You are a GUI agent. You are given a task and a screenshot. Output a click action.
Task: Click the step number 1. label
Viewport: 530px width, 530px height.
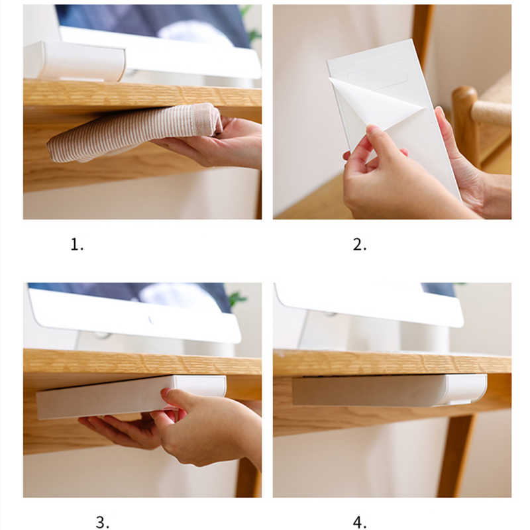point(77,244)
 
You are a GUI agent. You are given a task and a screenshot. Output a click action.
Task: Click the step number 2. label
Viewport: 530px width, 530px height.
point(359,244)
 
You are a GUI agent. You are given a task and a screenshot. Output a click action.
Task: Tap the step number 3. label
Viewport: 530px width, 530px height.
point(103,522)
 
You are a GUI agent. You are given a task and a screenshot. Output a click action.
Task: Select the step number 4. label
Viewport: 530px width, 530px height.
point(359,522)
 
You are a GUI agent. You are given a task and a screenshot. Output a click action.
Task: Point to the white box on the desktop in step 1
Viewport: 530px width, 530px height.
point(74,61)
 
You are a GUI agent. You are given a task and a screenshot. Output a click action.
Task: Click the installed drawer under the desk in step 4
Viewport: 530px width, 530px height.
point(390,390)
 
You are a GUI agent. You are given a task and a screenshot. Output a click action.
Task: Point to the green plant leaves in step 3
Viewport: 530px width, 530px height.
point(238,299)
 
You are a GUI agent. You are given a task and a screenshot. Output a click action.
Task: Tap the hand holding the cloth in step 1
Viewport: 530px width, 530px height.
point(217,142)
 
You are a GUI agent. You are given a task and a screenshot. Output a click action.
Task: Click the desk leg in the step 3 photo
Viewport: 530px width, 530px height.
point(248,476)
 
